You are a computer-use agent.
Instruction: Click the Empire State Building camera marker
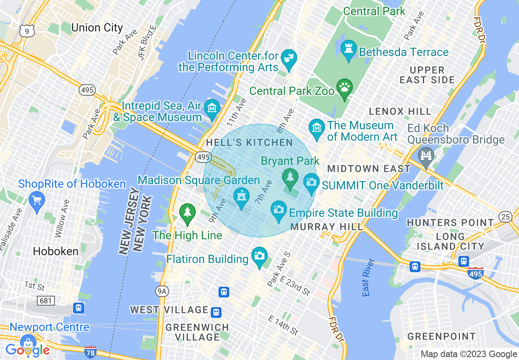279,210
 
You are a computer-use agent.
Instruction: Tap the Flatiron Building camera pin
259,256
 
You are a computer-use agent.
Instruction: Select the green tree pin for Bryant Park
290,178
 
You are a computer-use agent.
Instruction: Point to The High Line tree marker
187,213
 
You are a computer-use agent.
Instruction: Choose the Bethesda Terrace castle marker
349,49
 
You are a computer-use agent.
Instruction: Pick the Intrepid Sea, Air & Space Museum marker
212,109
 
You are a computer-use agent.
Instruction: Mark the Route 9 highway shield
27,31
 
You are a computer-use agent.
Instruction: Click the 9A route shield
162,291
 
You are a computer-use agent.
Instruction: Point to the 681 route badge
45,301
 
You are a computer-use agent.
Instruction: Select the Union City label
97,28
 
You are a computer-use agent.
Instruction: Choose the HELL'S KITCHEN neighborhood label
250,142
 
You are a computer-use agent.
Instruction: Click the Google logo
27,350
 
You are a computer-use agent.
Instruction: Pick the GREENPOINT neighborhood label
442,337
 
